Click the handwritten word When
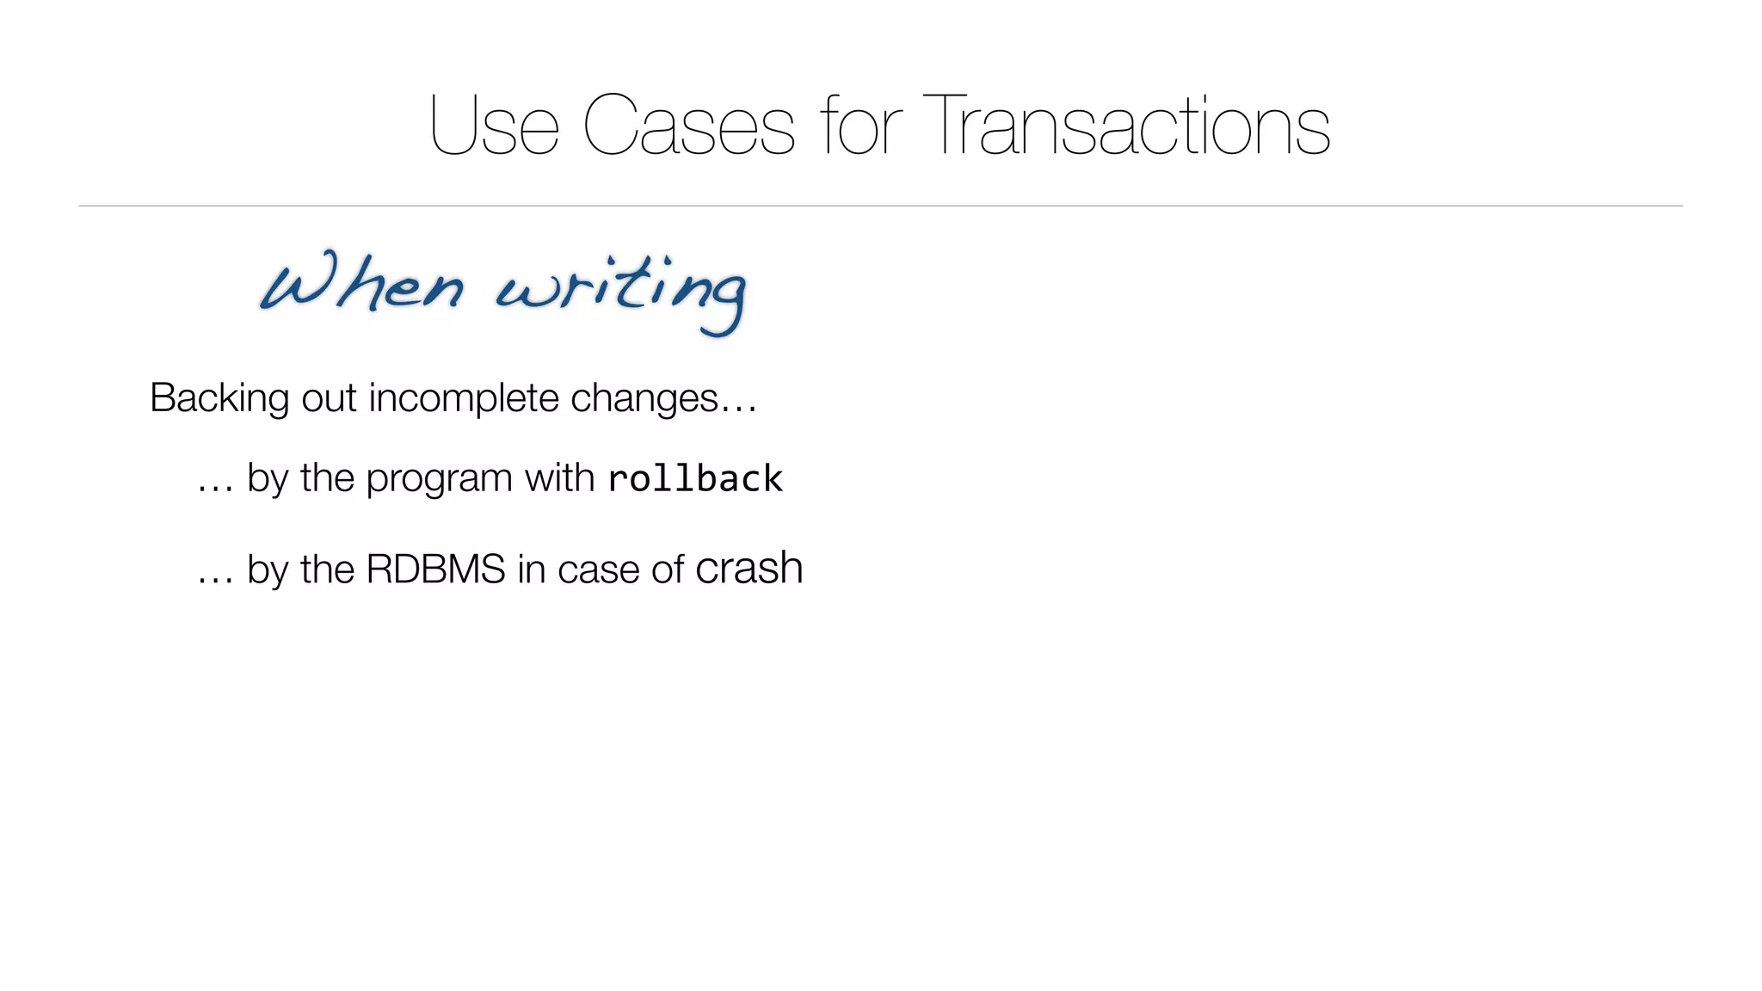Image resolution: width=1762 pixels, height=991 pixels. tap(361, 284)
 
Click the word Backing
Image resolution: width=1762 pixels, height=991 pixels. tap(219, 398)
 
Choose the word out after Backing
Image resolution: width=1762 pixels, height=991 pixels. tap(328, 398)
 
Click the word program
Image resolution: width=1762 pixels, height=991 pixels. tap(439, 478)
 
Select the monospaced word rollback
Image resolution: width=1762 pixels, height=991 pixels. tap(695, 479)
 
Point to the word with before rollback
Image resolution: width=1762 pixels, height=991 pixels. tap(559, 477)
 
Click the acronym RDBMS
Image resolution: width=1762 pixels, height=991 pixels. tap(435, 569)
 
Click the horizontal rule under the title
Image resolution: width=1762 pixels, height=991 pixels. tap(880, 206)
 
